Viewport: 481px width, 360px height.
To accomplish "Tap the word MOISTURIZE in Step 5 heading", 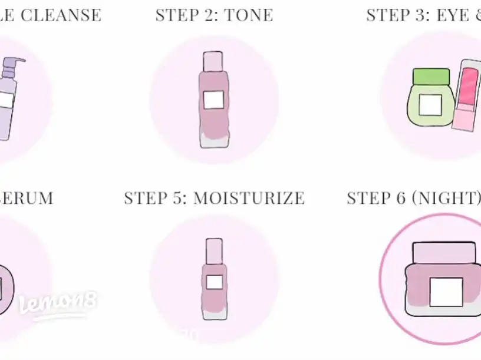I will (249, 198).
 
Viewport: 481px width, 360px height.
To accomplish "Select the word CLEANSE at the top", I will (61, 15).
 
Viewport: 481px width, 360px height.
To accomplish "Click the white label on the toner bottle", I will (213, 100).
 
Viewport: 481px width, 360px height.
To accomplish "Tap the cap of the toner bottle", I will (213, 61).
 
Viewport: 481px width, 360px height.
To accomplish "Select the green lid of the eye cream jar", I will (431, 77).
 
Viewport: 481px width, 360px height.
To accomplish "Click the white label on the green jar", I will (430, 105).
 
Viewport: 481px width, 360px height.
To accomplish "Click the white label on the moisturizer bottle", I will (215, 282).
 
